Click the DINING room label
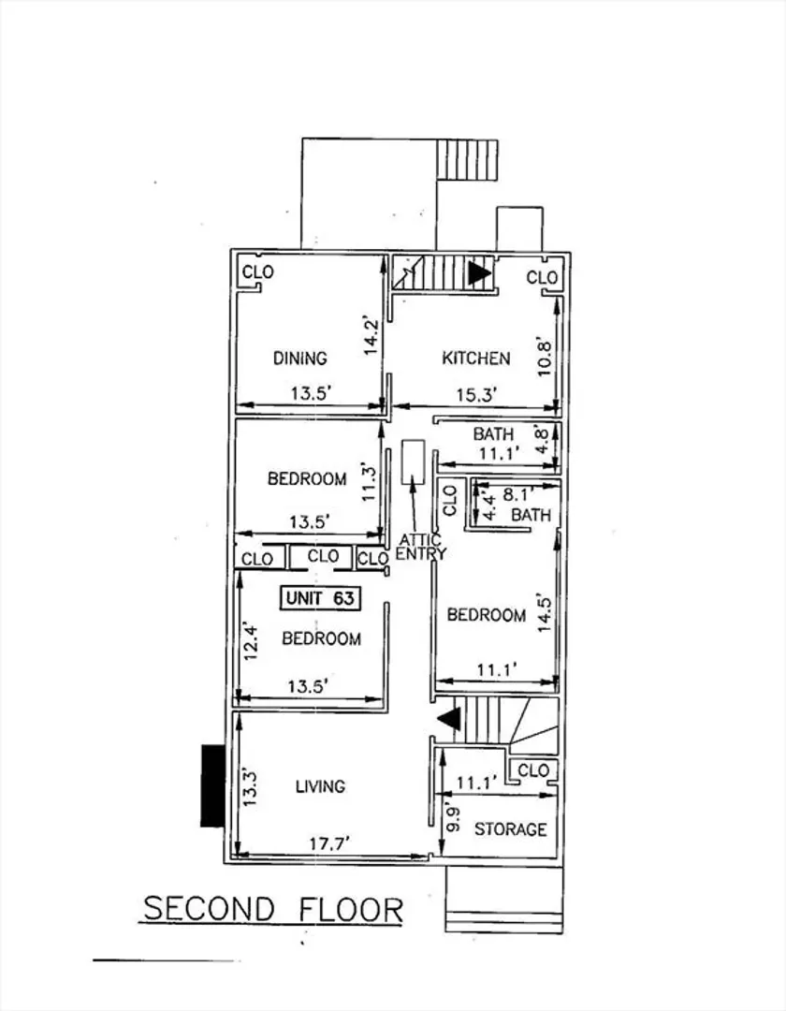[300, 358]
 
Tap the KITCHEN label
[476, 358]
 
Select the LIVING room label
[320, 786]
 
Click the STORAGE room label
[511, 829]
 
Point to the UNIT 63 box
[320, 598]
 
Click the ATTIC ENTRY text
[421, 547]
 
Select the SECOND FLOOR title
[273, 909]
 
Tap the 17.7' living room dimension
[329, 844]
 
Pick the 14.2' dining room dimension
[370, 335]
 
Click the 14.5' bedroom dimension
[545, 614]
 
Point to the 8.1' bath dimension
[518, 494]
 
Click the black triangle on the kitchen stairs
[479, 273]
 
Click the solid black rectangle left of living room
[212, 785]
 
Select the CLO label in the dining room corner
[257, 272]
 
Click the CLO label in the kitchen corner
[542, 278]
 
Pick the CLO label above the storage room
[533, 770]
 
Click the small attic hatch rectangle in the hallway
[414, 462]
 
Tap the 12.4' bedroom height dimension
[251, 641]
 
